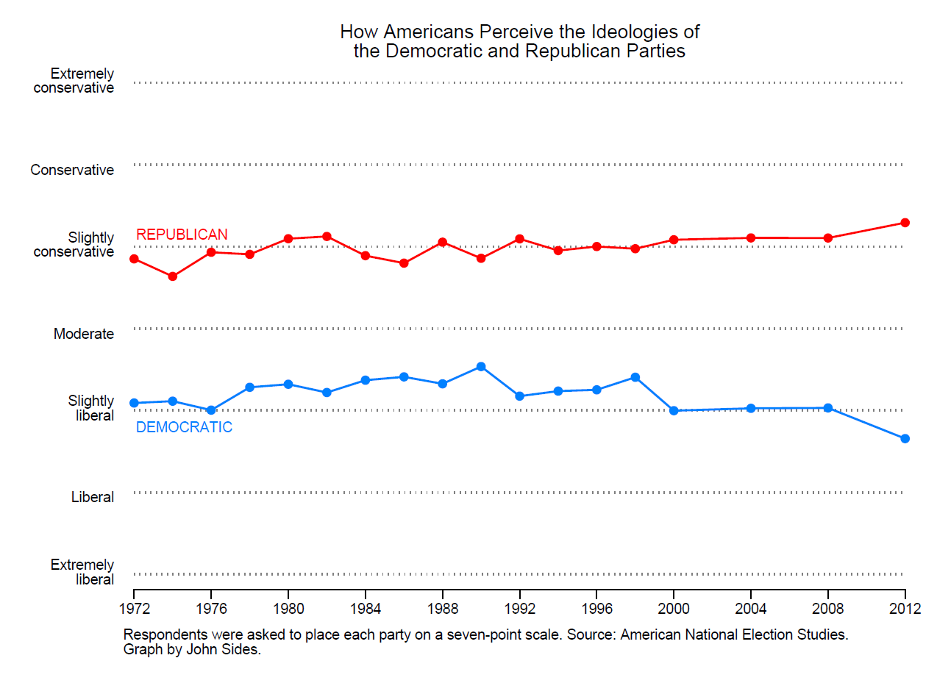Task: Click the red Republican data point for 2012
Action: pos(905,223)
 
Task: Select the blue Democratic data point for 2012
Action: pos(905,439)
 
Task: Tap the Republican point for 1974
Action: pos(172,276)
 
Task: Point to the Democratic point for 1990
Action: pos(481,366)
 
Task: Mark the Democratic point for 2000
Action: pos(674,411)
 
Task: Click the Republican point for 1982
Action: pos(327,236)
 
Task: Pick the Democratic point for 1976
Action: pos(211,410)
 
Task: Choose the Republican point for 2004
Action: pos(751,237)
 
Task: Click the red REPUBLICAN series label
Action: pos(182,235)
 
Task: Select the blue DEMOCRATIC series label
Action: pos(184,427)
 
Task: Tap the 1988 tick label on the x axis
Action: pos(443,609)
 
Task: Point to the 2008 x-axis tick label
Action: pos(828,609)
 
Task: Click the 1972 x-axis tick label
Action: pos(134,609)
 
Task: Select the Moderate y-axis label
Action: pos(84,335)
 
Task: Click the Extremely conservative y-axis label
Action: pos(74,81)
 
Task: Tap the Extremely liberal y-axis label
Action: pos(82,572)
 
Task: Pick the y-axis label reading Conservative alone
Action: pos(72,171)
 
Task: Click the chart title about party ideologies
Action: pos(519,42)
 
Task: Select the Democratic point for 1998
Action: pos(635,377)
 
